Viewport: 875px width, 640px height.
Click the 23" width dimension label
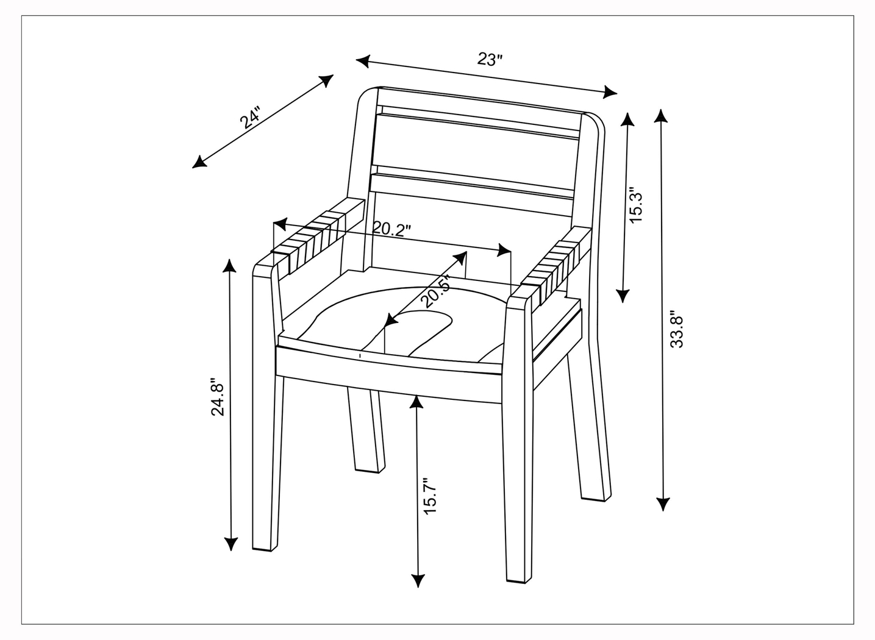490,59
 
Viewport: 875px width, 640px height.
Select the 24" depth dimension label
250,118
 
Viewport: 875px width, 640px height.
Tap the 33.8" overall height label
677,331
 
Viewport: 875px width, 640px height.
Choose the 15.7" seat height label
431,496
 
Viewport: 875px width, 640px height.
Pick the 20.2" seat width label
391,229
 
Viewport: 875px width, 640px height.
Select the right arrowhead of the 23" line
610,92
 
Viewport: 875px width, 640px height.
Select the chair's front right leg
518,475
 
